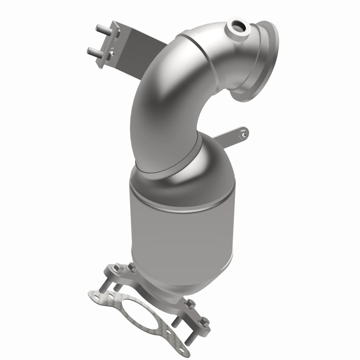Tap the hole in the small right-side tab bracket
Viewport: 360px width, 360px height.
pyautogui.click(x=243, y=132)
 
